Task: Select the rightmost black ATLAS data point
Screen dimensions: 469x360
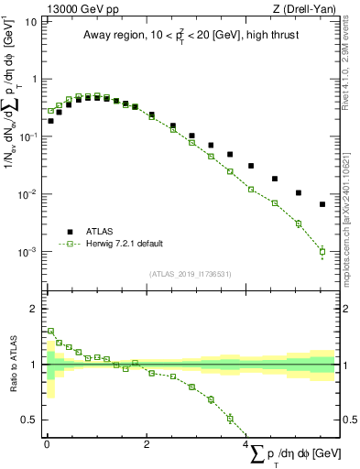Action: coord(322,204)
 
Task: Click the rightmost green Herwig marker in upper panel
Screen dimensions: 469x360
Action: coord(322,250)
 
